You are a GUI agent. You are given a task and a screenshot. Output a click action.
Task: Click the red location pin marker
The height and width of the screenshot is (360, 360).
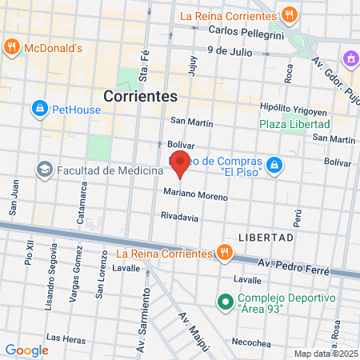pos(181,164)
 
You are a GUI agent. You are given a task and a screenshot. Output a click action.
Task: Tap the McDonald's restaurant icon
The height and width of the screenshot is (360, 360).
pos(11,46)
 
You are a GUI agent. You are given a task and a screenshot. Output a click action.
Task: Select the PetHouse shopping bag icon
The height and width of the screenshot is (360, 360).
pos(39,107)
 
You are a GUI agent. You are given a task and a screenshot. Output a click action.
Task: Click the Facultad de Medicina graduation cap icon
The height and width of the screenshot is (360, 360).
pos(45,169)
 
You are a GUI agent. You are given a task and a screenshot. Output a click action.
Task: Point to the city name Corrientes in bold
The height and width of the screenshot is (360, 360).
pos(140,95)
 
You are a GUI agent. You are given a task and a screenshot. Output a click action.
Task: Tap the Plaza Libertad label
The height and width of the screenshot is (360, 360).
pos(294,125)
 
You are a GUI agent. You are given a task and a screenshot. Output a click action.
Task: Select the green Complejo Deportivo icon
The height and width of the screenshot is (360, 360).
pos(226,302)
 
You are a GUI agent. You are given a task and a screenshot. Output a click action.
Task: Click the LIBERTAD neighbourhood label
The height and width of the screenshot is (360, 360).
pos(266,238)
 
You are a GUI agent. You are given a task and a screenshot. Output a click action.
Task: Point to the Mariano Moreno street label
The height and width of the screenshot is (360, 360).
pos(195,194)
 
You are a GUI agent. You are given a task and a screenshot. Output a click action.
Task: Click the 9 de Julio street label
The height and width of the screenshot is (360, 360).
pos(229,50)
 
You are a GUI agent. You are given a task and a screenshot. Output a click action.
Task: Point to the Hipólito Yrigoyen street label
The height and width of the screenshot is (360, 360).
pos(293,108)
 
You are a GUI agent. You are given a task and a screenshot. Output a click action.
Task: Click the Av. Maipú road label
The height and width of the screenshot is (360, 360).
pos(194,330)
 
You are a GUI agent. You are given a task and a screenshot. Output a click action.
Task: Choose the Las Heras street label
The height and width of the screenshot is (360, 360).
pos(66,338)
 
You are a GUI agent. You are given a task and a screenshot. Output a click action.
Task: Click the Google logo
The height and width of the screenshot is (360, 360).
pos(26,350)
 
